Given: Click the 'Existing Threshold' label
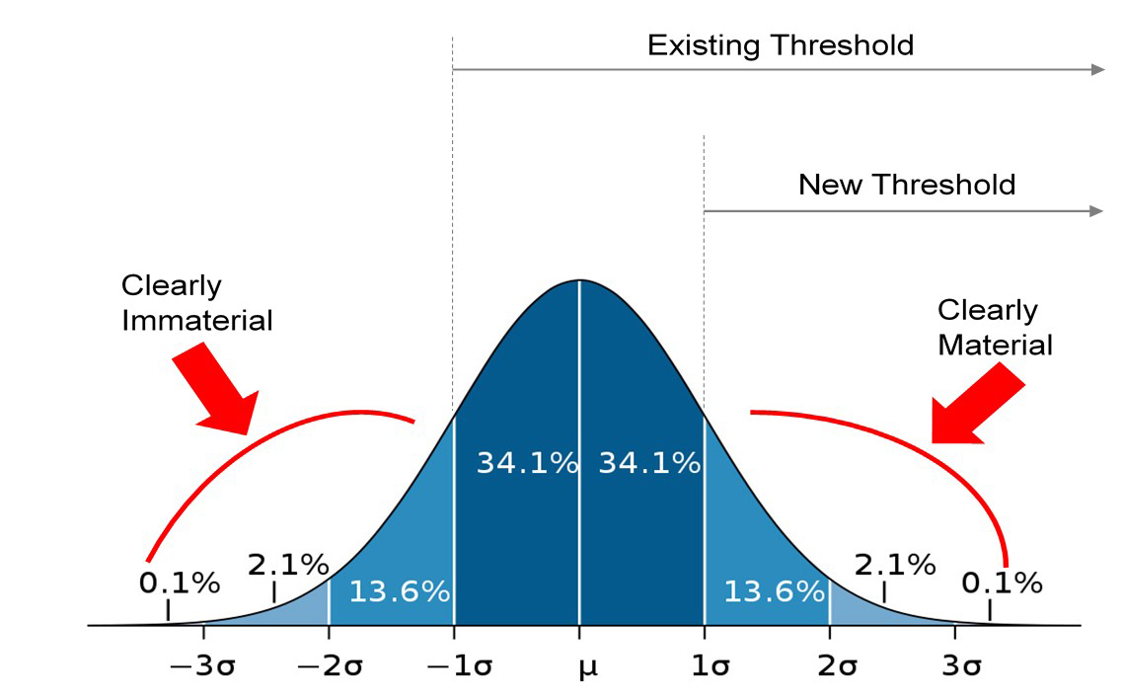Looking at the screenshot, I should (780, 44).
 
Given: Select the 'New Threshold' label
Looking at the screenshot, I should (906, 185).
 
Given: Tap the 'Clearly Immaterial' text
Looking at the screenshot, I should (196, 303).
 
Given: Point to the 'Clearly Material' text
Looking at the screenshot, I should (994, 328).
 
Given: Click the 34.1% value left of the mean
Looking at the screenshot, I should (527, 462).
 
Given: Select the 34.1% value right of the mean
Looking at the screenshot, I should (649, 462).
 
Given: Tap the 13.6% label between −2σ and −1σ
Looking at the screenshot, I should (399, 592).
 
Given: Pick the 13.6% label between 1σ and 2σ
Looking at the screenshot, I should (774, 592).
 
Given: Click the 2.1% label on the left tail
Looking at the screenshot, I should (287, 565).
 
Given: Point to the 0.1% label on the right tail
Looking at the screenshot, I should (1002, 582).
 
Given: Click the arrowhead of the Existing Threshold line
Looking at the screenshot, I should (1097, 69).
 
